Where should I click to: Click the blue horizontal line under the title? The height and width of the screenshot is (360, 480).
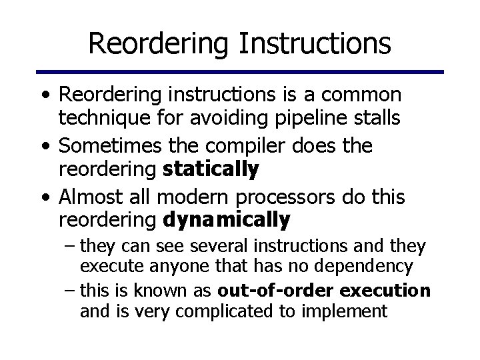[239, 71]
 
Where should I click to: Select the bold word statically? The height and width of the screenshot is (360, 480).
[210, 170]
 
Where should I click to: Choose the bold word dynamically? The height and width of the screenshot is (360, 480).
[227, 219]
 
